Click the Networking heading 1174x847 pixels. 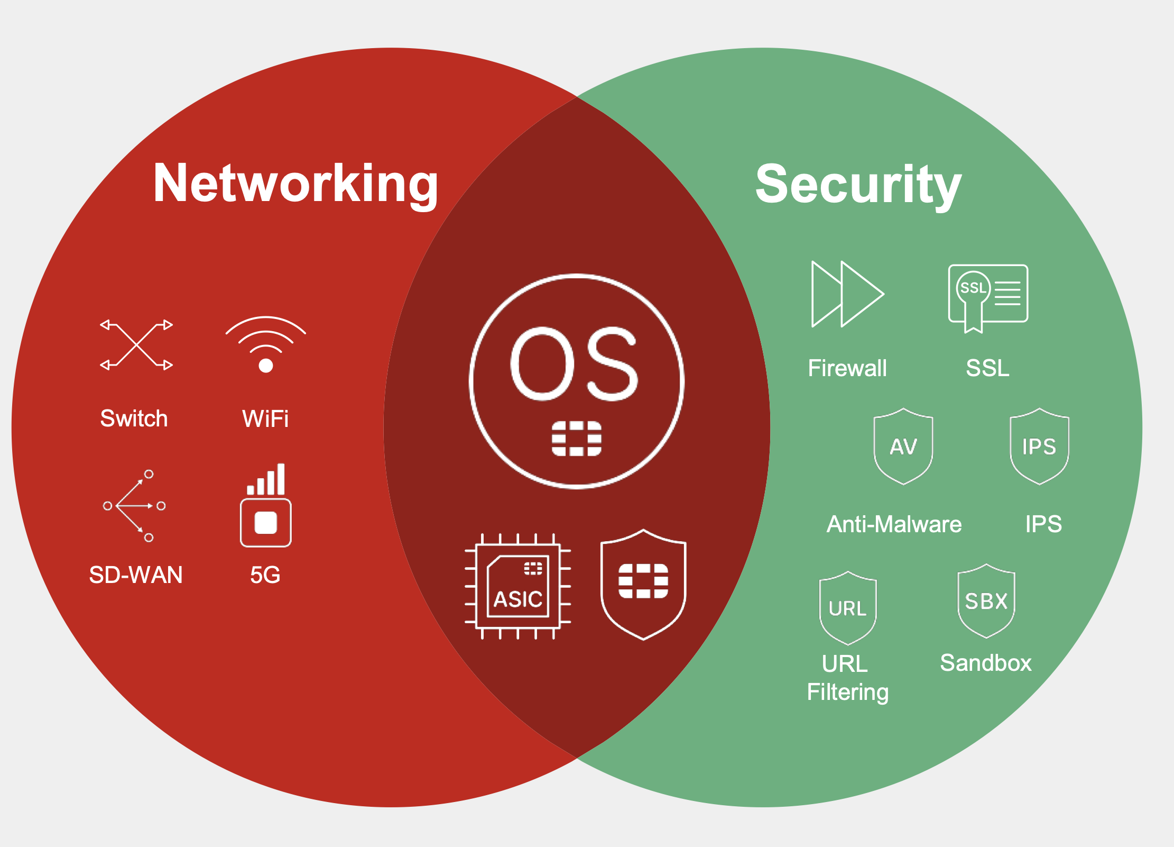[x=295, y=184]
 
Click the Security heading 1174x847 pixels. [x=858, y=185]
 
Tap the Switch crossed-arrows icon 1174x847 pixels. [x=136, y=345]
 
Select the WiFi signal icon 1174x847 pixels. [x=265, y=344]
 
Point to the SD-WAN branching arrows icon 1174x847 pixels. [x=134, y=506]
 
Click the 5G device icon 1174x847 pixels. [x=266, y=506]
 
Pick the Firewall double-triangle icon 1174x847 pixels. [x=847, y=294]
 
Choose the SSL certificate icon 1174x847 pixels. [x=987, y=298]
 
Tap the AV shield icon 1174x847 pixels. [x=903, y=447]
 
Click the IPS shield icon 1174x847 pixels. [x=1039, y=447]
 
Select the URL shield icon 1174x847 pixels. [x=848, y=608]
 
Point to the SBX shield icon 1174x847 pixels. [x=986, y=601]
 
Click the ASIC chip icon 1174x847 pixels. [x=518, y=587]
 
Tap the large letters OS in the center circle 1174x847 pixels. [x=575, y=364]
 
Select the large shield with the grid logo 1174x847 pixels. [x=643, y=584]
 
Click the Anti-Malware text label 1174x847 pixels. [x=894, y=524]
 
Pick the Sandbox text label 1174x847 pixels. [x=986, y=663]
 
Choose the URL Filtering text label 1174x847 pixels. [x=847, y=678]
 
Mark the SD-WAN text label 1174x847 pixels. [x=136, y=575]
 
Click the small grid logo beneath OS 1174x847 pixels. [x=576, y=439]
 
